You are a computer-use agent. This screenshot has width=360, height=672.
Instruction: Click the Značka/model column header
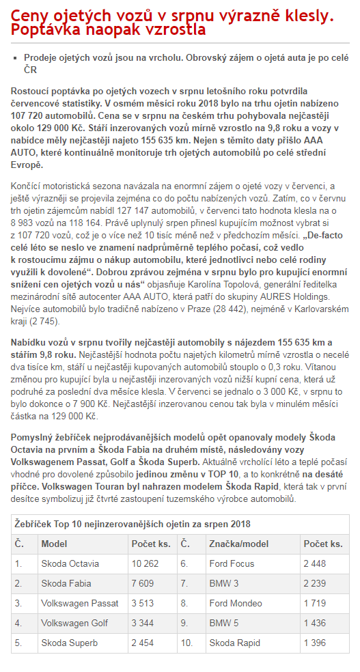(239, 544)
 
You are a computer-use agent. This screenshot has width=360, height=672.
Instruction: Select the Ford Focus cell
(231, 563)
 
